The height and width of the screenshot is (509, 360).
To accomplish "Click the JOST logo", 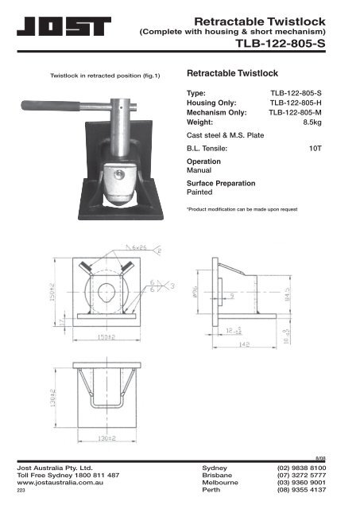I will point(68,29).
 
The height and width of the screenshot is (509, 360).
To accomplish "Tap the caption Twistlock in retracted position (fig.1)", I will point(106,76).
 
